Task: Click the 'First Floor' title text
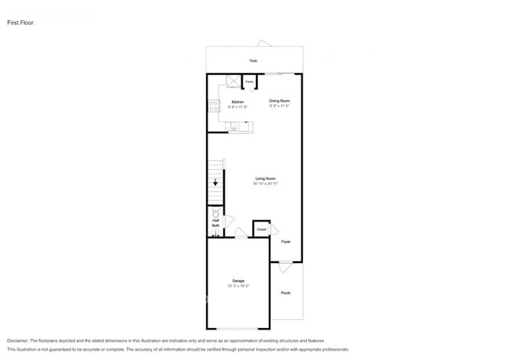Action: click(x=20, y=23)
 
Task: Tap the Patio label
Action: click(x=254, y=61)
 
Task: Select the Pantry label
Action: click(x=249, y=82)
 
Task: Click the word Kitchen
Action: click(x=237, y=101)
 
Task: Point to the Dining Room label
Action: click(x=280, y=100)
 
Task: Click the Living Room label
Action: click(x=265, y=178)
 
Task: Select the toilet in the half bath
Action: click(x=216, y=213)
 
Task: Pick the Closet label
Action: click(x=262, y=229)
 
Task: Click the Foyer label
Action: click(x=286, y=242)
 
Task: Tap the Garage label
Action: click(x=238, y=280)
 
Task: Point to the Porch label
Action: click(x=286, y=293)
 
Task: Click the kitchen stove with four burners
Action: click(x=212, y=106)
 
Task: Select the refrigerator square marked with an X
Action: click(x=233, y=81)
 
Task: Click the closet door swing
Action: click(x=274, y=229)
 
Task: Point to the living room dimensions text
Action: click(x=266, y=183)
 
